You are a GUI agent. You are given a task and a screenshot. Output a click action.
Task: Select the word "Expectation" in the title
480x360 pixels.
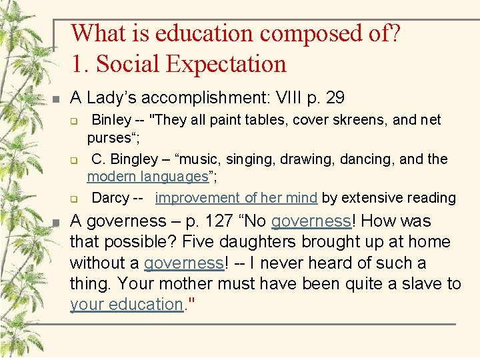pos(226,64)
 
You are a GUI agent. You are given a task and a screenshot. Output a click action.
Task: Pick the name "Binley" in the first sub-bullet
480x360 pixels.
pos(111,121)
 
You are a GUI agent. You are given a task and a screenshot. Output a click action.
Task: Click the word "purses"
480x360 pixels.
pos(109,138)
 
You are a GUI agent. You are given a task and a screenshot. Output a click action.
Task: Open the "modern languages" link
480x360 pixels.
pos(148,177)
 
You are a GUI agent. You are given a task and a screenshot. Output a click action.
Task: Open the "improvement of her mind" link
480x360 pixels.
pos(236,198)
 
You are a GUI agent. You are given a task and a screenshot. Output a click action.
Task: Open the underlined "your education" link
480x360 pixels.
pos(126,305)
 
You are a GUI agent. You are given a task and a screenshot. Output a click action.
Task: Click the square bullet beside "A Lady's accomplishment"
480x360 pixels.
pos(57,99)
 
